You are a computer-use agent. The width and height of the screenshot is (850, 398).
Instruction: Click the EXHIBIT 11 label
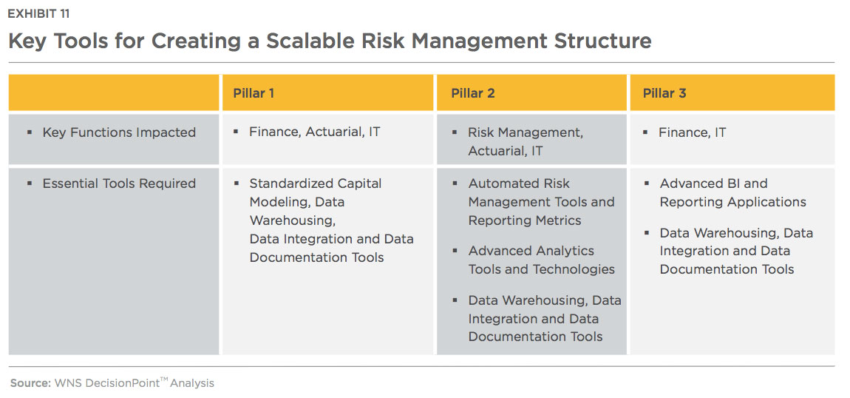[x=38, y=14]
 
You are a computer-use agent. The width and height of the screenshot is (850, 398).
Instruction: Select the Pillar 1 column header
[x=254, y=93]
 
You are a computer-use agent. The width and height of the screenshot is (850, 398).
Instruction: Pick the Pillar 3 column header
[x=664, y=93]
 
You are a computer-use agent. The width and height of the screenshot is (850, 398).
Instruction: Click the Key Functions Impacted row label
[x=119, y=132]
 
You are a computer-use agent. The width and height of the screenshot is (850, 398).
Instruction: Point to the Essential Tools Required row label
[x=119, y=183]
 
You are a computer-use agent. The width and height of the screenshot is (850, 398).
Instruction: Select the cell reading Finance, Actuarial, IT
[x=314, y=132]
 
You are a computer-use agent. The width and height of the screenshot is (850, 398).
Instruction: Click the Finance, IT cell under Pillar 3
[x=693, y=132]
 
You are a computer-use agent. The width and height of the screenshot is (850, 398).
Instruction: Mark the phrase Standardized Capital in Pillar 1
[x=316, y=183]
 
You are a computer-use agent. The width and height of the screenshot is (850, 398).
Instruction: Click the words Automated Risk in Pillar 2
[x=519, y=183]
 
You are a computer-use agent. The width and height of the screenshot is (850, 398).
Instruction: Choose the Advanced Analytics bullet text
[x=531, y=251]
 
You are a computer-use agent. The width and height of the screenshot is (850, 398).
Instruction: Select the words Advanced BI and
[x=713, y=183]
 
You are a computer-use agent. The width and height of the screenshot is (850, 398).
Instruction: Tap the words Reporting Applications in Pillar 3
[x=733, y=202]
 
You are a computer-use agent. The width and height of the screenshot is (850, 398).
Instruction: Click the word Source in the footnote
[x=30, y=382]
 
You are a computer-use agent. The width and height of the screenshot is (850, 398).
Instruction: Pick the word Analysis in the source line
[x=192, y=383]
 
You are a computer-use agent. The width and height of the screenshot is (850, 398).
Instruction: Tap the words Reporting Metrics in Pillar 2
[x=525, y=220]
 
